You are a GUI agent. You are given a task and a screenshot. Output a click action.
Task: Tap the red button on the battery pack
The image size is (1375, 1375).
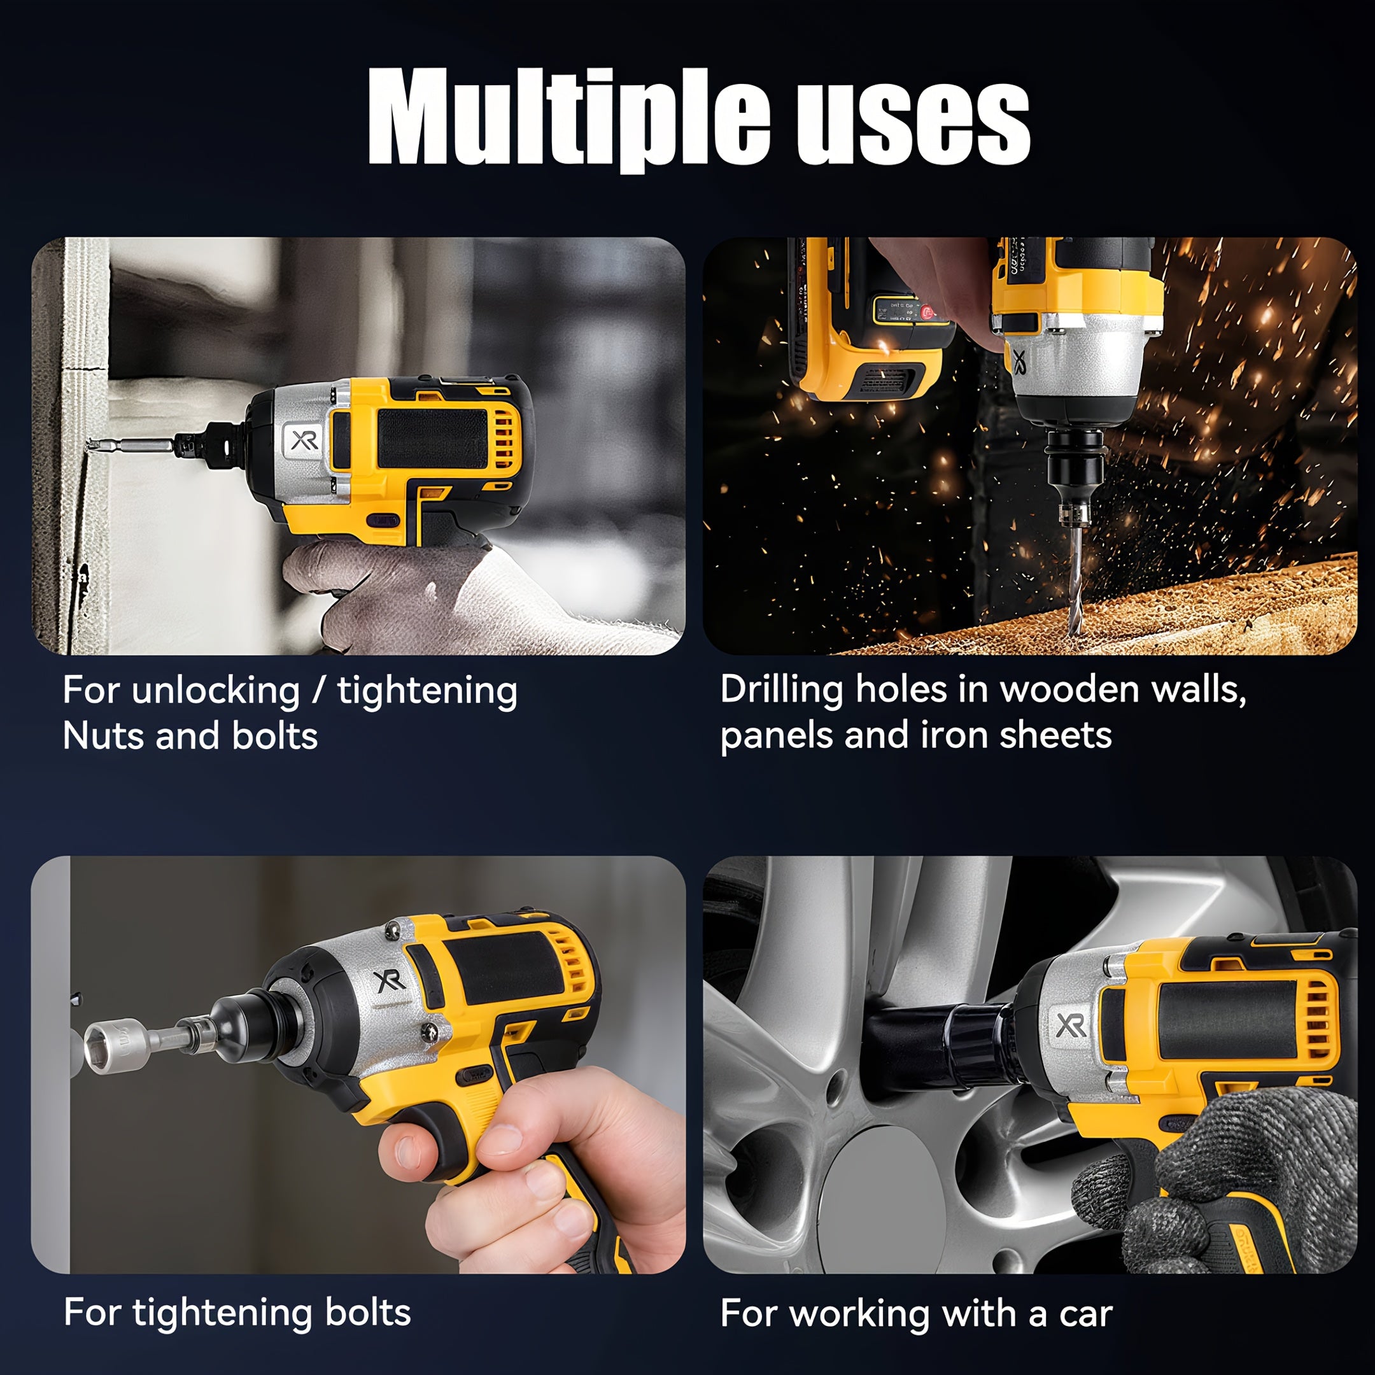[927, 312]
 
